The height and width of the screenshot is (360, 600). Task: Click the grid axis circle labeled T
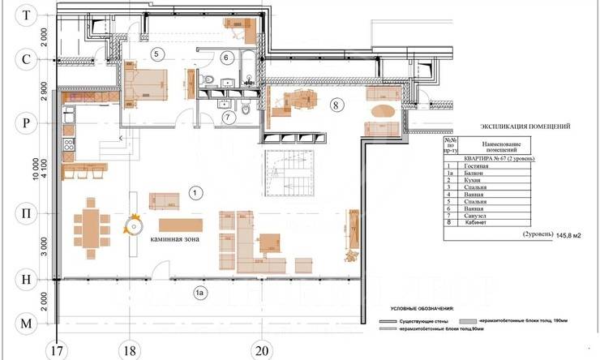pyautogui.click(x=27, y=15)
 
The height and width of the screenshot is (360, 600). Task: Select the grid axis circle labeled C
pyautogui.click(x=27, y=59)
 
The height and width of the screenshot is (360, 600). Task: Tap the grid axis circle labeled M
pyautogui.click(x=27, y=324)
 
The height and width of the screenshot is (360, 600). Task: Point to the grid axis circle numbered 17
pyautogui.click(x=55, y=350)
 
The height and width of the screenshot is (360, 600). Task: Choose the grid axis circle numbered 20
pyautogui.click(x=259, y=350)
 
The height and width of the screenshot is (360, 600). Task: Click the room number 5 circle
pyautogui.click(x=158, y=54)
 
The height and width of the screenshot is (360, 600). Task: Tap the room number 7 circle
pyautogui.click(x=228, y=117)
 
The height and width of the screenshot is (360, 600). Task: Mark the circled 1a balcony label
pyautogui.click(x=198, y=291)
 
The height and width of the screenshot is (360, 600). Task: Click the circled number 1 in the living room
pyautogui.click(x=194, y=192)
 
